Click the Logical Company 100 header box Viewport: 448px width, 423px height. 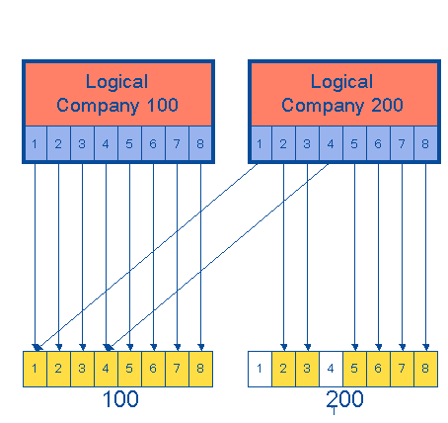click(x=117, y=94)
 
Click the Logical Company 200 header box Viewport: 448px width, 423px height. click(x=342, y=94)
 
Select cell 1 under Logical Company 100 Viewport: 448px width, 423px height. click(x=35, y=145)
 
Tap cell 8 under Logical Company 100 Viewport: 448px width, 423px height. click(x=200, y=145)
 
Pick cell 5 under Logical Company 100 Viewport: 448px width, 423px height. click(x=129, y=145)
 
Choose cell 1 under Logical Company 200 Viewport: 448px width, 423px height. click(x=260, y=145)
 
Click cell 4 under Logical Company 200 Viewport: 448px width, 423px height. click(x=331, y=145)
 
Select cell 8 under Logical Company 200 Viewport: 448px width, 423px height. click(x=425, y=145)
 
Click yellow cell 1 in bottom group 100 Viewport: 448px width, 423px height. click(x=35, y=368)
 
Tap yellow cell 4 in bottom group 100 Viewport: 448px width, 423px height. click(x=106, y=368)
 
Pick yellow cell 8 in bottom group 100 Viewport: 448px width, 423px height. click(x=200, y=368)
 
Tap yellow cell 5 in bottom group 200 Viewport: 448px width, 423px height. click(x=354, y=368)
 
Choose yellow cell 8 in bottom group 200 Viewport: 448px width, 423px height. click(x=425, y=368)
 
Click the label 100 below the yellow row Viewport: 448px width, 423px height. click(x=120, y=400)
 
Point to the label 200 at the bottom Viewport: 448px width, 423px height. click(x=345, y=400)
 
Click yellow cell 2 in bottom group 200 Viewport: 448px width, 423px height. click(x=283, y=368)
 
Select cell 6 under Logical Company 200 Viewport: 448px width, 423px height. click(x=378, y=145)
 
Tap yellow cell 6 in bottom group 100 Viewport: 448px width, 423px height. click(x=153, y=368)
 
